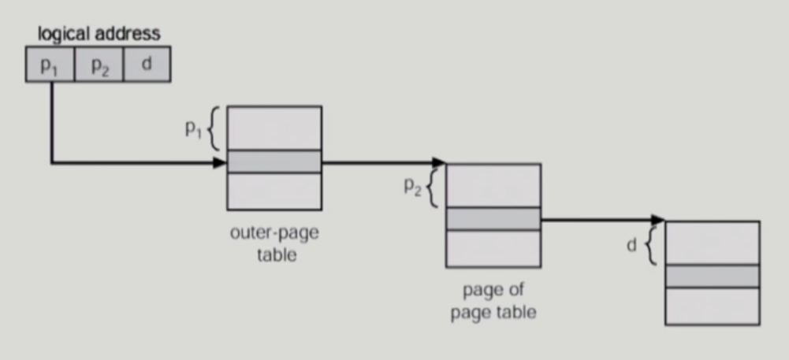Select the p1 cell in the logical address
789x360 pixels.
click(x=50, y=65)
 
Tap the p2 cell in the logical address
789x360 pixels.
click(x=99, y=65)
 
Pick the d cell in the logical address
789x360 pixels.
click(x=146, y=65)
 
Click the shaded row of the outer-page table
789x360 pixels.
click(x=274, y=161)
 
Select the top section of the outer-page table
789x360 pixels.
click(x=274, y=128)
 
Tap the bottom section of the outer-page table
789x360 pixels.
click(x=274, y=191)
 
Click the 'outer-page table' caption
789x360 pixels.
click(x=275, y=244)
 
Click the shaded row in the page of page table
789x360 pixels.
click(x=493, y=219)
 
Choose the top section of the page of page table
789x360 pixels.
click(x=493, y=185)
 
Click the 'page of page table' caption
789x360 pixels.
click(x=493, y=302)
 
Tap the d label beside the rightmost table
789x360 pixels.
click(x=631, y=246)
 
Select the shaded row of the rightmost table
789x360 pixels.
click(x=713, y=276)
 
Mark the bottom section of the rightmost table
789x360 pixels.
click(x=713, y=306)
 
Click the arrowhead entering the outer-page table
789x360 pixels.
click(x=221, y=163)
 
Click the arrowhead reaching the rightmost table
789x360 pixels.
click(x=659, y=220)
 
